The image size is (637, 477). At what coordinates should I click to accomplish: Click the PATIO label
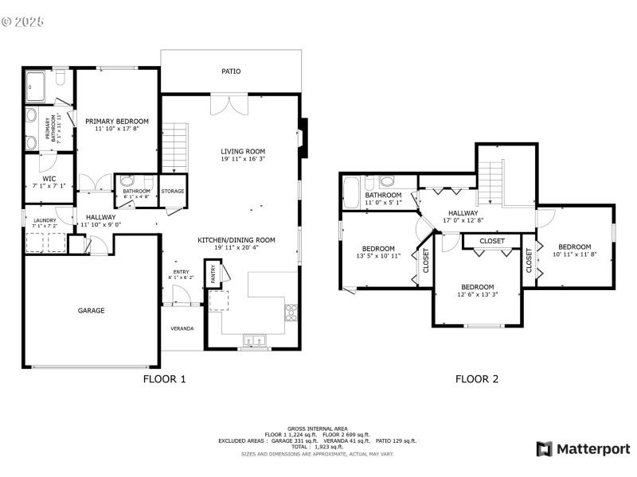pyautogui.click(x=231, y=72)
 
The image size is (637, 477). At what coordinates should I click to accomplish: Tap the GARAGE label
pyautogui.click(x=91, y=311)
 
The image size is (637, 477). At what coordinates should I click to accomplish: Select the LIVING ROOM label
pyautogui.click(x=243, y=151)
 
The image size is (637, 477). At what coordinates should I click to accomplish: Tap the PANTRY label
pyautogui.click(x=213, y=275)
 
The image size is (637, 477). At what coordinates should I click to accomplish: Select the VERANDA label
pyautogui.click(x=182, y=328)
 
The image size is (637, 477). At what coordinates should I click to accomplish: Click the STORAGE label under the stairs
pyautogui.click(x=173, y=192)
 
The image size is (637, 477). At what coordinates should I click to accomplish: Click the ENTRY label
pyautogui.click(x=179, y=271)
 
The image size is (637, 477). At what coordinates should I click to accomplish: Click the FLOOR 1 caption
pyautogui.click(x=164, y=379)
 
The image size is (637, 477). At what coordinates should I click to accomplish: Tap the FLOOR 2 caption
pyautogui.click(x=476, y=379)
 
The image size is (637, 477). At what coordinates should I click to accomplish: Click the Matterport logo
pyautogui.click(x=583, y=449)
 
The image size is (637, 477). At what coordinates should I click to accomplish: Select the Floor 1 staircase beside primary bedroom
pyautogui.click(x=174, y=146)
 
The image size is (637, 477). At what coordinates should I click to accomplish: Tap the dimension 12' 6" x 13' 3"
pyautogui.click(x=478, y=295)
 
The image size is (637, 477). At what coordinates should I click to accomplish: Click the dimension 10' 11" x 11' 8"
pyautogui.click(x=574, y=254)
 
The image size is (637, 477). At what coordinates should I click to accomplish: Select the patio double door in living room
pyautogui.click(x=233, y=105)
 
